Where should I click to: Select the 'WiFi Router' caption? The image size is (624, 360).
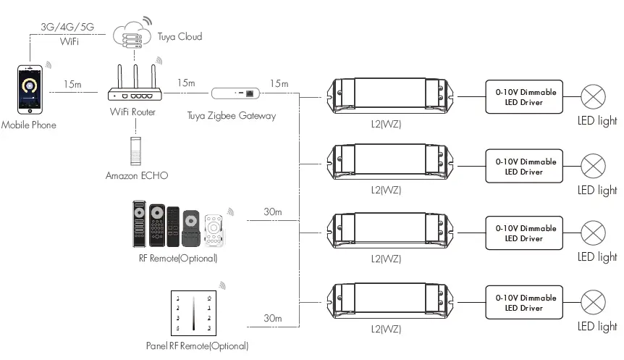point(134,112)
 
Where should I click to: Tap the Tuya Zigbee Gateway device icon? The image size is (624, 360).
point(236,93)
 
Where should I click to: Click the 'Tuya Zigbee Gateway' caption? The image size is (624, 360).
point(231,115)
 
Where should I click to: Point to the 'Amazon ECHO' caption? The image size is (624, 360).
point(135,175)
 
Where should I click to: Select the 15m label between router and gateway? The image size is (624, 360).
point(185,83)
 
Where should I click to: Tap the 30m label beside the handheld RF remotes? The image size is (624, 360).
point(272,212)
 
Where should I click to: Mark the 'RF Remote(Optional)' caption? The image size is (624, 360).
point(177,258)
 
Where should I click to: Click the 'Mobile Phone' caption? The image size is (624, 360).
point(29,125)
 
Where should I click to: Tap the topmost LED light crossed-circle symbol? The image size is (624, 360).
point(594,97)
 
